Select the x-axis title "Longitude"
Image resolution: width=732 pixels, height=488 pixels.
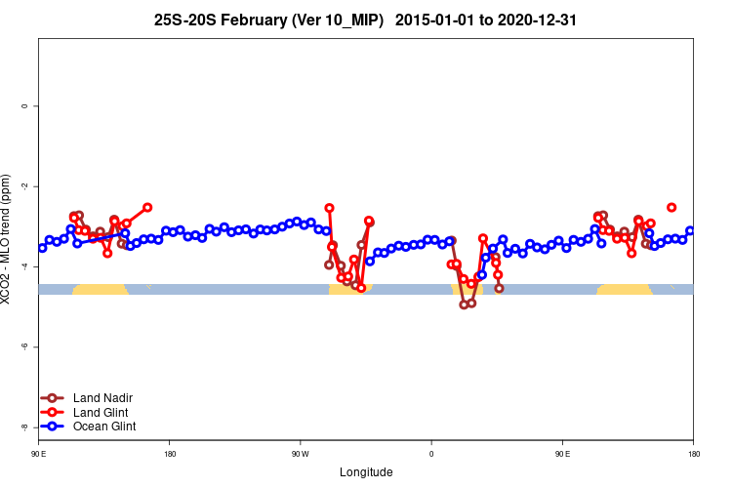(x=366, y=472)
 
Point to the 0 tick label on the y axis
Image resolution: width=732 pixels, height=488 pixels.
(x=24, y=105)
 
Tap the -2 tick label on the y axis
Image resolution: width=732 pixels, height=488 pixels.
(x=23, y=185)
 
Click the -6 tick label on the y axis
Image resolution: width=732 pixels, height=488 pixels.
(x=23, y=346)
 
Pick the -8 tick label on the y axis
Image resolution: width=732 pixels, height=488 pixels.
(x=23, y=427)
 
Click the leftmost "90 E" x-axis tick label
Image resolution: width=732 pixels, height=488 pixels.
(x=38, y=454)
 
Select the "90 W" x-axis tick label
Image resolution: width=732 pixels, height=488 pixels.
(x=300, y=454)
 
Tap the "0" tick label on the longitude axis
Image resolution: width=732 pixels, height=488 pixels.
(x=431, y=454)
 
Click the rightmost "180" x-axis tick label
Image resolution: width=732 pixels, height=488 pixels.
(x=693, y=454)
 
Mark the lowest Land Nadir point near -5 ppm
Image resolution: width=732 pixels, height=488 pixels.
(x=464, y=305)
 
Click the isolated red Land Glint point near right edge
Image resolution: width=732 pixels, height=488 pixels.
(x=671, y=207)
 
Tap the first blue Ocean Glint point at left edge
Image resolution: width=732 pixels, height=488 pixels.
(x=42, y=248)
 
